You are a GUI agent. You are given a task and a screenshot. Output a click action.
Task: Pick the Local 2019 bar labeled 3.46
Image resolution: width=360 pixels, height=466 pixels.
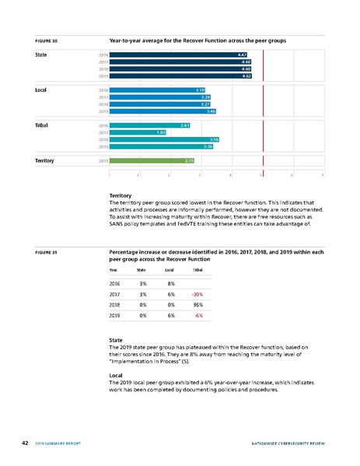point(163,111)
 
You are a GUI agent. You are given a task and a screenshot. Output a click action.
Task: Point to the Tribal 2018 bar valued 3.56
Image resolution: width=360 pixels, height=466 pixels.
point(164,139)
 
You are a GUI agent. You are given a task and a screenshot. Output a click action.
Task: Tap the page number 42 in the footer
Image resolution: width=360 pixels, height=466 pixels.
point(26,443)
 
